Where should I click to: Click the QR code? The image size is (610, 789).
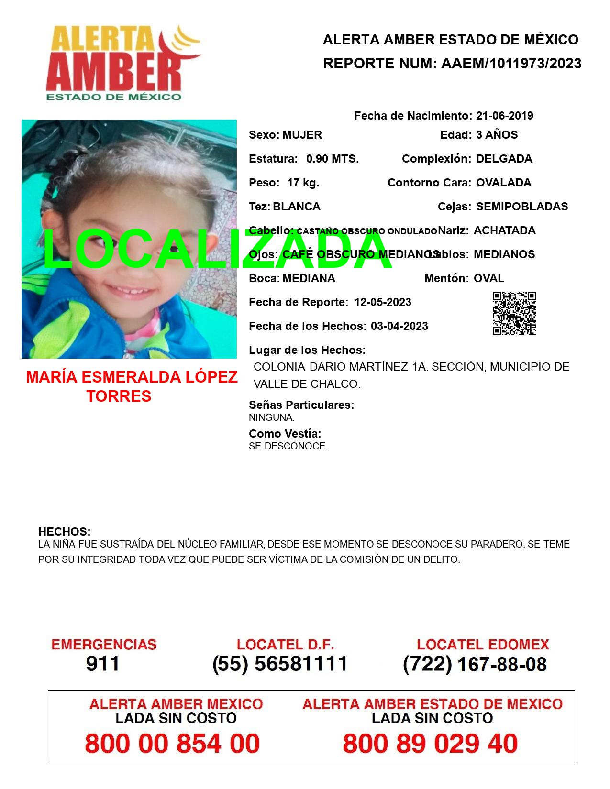click(514, 313)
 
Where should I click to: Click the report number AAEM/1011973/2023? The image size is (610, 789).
click(511, 63)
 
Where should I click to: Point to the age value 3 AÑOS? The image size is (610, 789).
click(497, 135)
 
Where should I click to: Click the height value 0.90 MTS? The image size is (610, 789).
click(333, 159)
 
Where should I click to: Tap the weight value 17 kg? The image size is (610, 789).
click(303, 183)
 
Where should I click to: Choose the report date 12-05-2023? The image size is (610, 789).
click(383, 302)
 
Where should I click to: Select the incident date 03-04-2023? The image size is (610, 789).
click(399, 326)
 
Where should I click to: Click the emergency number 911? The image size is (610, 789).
click(103, 664)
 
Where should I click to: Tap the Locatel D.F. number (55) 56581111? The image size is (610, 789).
click(280, 664)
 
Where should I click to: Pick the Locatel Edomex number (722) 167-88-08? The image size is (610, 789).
click(475, 664)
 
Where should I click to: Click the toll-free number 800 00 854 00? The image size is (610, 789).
click(172, 744)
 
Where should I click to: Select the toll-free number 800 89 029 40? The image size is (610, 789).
click(430, 744)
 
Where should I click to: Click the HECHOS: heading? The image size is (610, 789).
click(64, 532)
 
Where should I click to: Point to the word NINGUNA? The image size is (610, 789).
click(271, 417)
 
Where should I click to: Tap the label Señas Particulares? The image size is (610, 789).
click(301, 405)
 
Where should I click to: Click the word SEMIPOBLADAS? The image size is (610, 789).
click(522, 207)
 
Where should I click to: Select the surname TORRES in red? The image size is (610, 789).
click(119, 396)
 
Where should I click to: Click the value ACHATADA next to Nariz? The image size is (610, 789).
click(504, 230)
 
